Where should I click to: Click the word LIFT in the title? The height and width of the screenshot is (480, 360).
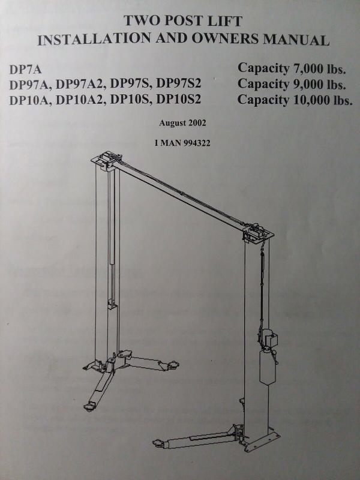click(x=220, y=21)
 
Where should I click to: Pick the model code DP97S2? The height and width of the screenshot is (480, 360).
click(x=178, y=84)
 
